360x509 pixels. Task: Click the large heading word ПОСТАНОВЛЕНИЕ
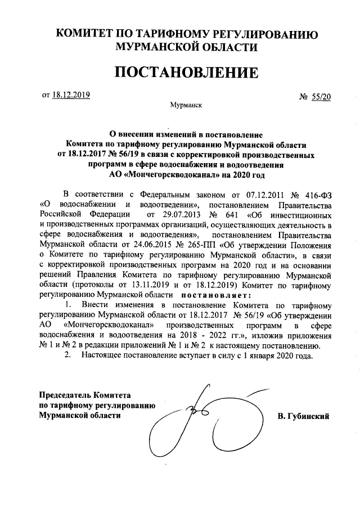click(187, 73)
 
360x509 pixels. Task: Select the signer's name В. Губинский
click(303, 416)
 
